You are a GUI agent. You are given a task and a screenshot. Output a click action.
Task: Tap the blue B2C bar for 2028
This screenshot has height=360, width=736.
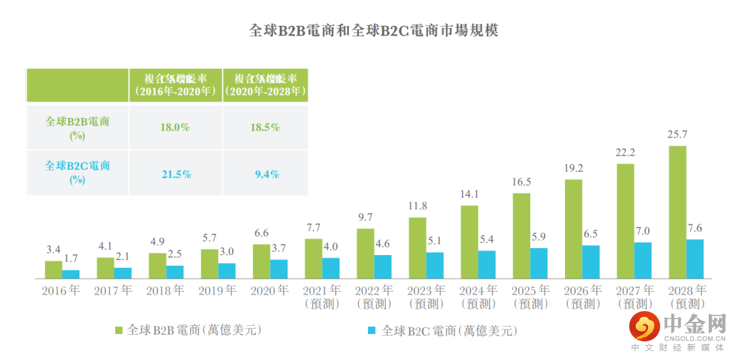click(x=694, y=258)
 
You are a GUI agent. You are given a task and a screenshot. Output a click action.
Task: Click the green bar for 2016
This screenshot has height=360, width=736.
click(x=53, y=269)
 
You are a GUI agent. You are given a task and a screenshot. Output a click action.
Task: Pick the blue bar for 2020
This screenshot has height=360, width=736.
click(x=279, y=269)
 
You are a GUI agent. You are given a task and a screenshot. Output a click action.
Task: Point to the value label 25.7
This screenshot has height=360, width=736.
click(x=677, y=134)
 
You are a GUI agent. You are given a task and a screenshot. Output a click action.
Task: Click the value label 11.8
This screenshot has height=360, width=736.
click(x=417, y=207)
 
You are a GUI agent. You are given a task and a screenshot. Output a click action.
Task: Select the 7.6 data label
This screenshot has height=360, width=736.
click(x=694, y=228)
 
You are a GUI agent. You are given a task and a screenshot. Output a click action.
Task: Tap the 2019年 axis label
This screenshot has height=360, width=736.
click(x=217, y=290)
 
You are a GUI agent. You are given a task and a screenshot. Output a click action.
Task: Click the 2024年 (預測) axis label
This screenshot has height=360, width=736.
click(x=478, y=297)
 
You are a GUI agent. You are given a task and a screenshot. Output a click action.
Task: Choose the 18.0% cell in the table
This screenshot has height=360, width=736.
click(x=176, y=127)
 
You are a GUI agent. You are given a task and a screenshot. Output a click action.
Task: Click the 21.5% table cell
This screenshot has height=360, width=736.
click(x=176, y=175)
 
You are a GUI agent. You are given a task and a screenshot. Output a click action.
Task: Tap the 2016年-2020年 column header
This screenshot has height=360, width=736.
click(x=176, y=84)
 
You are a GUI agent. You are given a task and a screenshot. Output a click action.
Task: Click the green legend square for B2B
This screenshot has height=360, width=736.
click(x=119, y=331)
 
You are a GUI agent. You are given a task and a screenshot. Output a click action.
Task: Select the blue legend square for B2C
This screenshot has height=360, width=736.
click(x=372, y=331)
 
